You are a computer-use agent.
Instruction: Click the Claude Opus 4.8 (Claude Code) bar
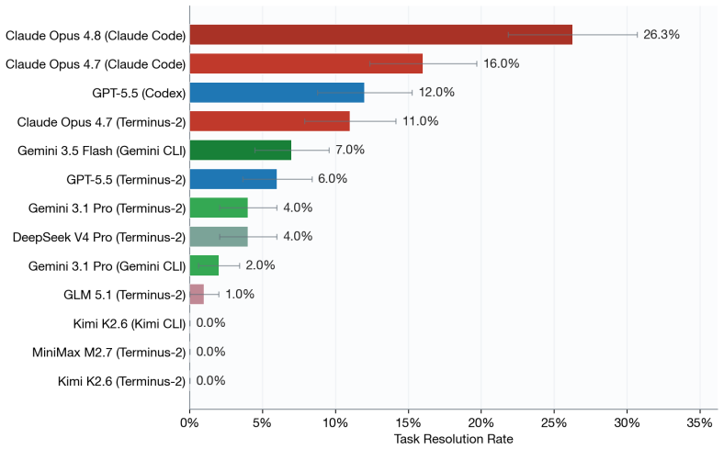[381, 35]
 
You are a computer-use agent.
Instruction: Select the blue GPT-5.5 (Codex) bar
[277, 93]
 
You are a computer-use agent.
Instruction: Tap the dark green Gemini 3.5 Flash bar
[241, 150]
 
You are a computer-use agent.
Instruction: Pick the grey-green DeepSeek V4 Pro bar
[219, 237]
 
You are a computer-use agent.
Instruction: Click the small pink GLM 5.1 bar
[197, 295]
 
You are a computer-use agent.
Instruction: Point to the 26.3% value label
[662, 35]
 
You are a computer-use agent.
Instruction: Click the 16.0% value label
[502, 63]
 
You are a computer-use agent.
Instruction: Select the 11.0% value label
[420, 121]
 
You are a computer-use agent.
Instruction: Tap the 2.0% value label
[260, 265]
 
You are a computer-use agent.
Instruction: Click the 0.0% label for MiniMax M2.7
[210, 352]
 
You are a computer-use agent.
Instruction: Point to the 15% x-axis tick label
[408, 422]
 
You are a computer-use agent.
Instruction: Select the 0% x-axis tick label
[189, 422]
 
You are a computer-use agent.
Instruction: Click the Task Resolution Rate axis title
[454, 439]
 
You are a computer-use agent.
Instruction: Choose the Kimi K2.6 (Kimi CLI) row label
[130, 323]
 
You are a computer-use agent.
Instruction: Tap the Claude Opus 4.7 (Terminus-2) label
[102, 122]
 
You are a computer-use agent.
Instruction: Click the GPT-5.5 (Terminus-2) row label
[126, 179]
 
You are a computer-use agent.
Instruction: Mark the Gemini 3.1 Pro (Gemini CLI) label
[107, 266]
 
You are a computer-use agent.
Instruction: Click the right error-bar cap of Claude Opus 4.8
[638, 35]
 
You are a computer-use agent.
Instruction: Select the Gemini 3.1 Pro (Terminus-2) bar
[219, 208]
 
